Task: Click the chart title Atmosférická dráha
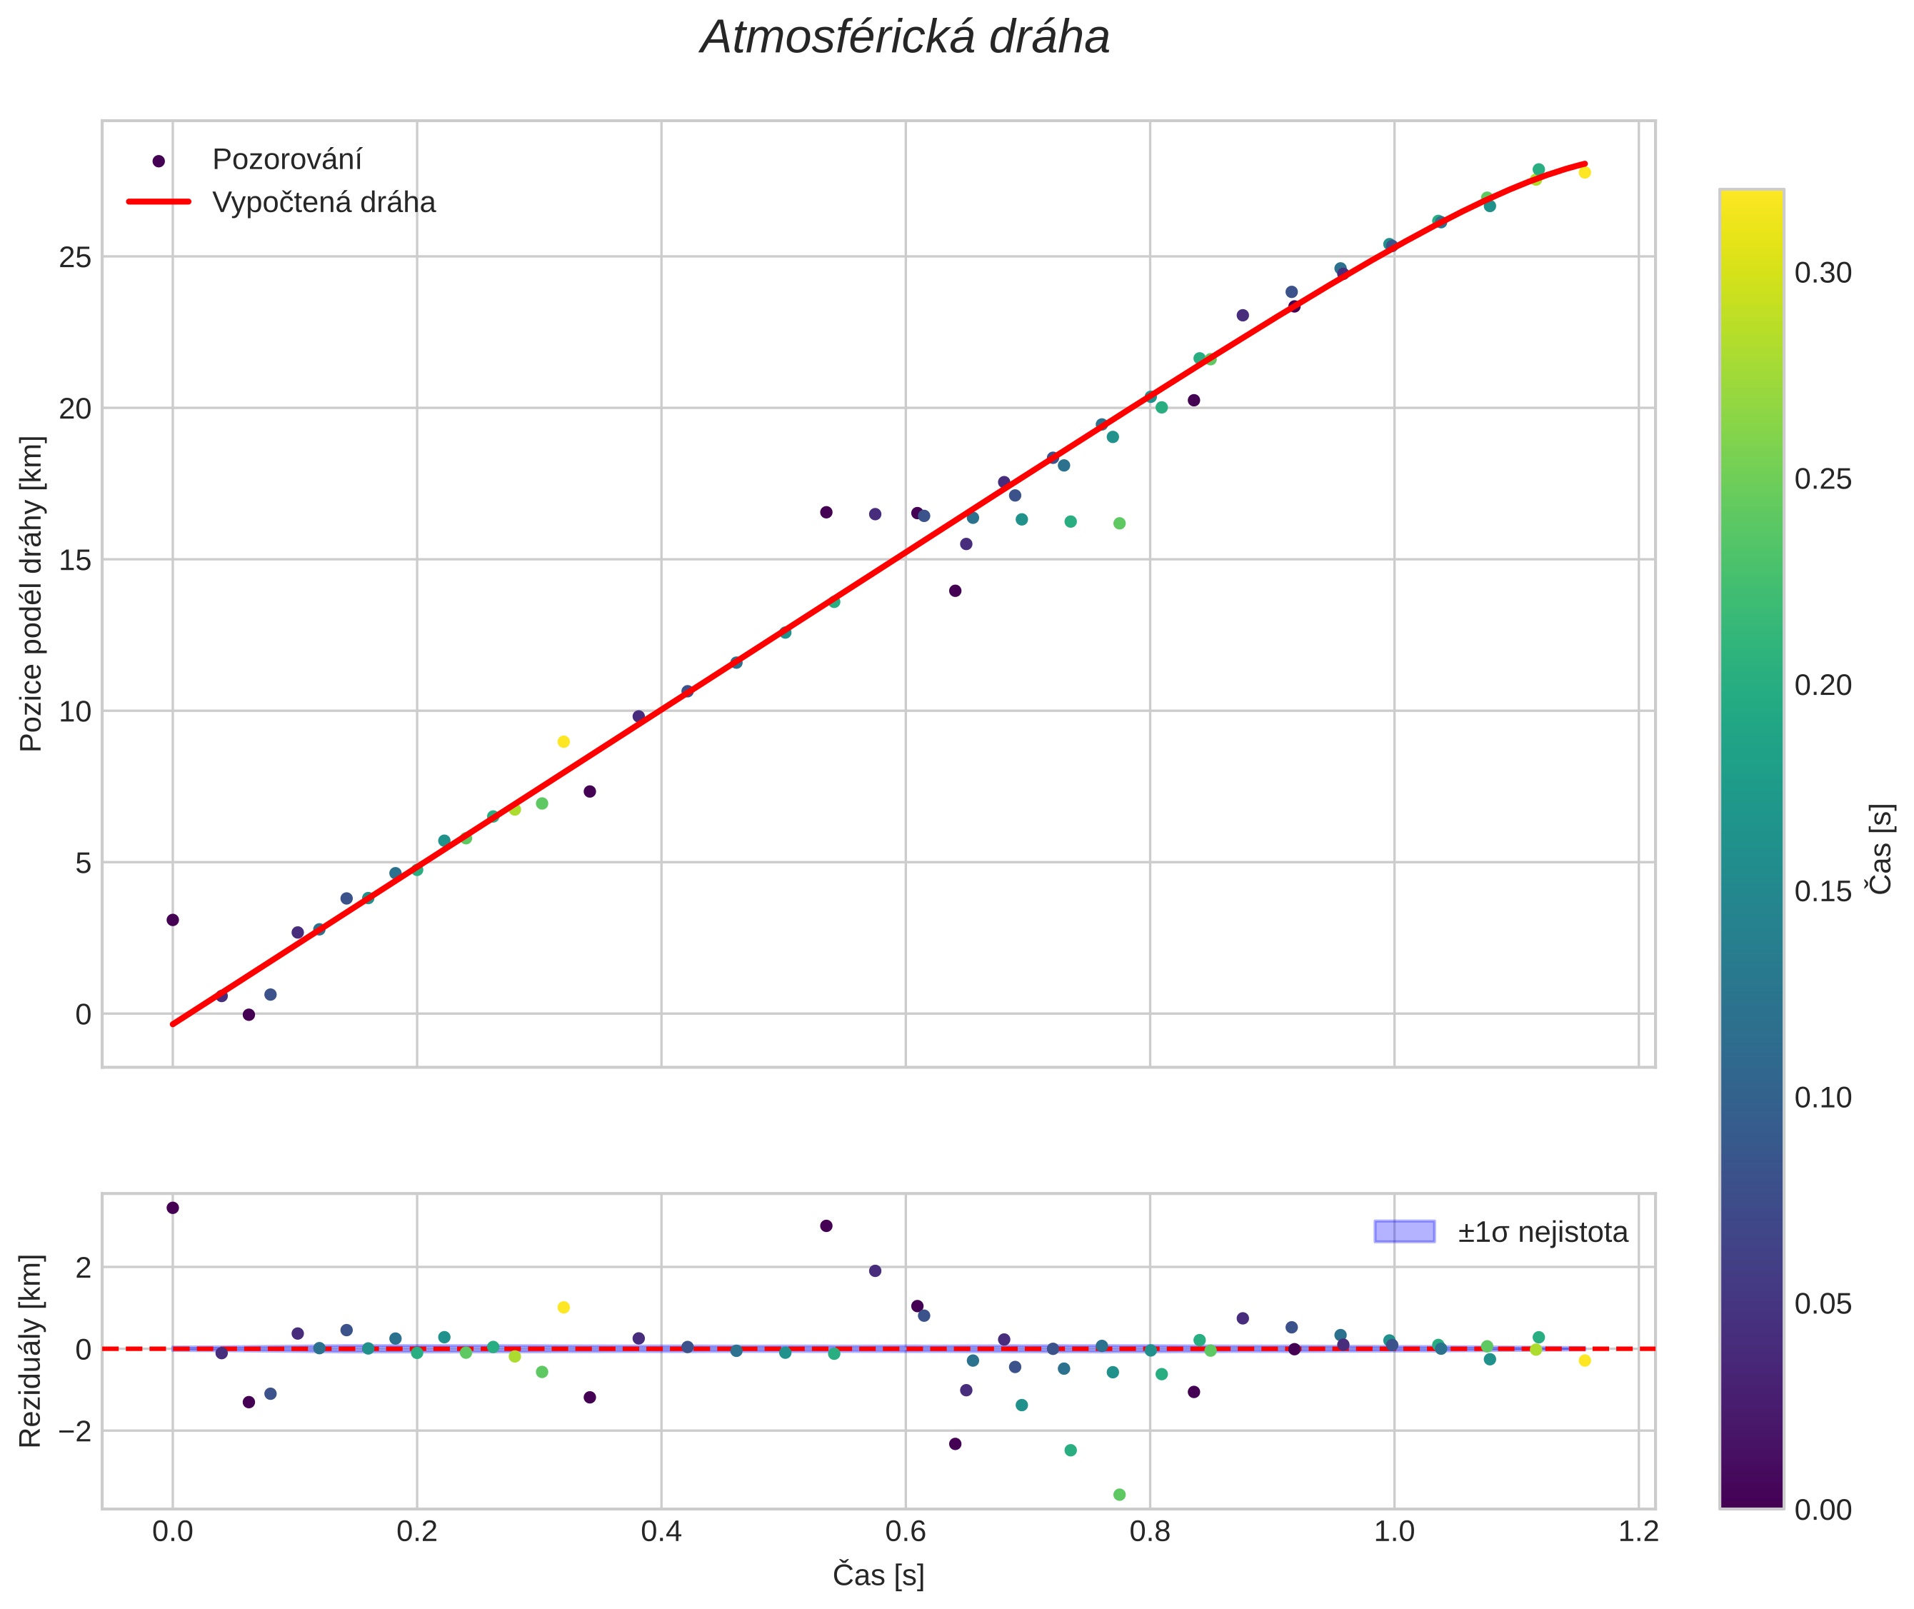(x=904, y=39)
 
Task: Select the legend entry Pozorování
(x=286, y=160)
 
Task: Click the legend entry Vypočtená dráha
(x=323, y=203)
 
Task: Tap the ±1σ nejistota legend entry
(x=1542, y=1233)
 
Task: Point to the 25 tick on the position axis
(x=76, y=257)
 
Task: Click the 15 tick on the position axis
(x=76, y=560)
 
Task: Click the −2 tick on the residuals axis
(x=72, y=1431)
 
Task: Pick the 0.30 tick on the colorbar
(x=1823, y=273)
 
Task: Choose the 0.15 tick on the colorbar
(x=1823, y=891)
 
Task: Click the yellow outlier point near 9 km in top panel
(x=563, y=741)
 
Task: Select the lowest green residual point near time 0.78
(x=1119, y=1495)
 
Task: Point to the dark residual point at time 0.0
(x=172, y=1208)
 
